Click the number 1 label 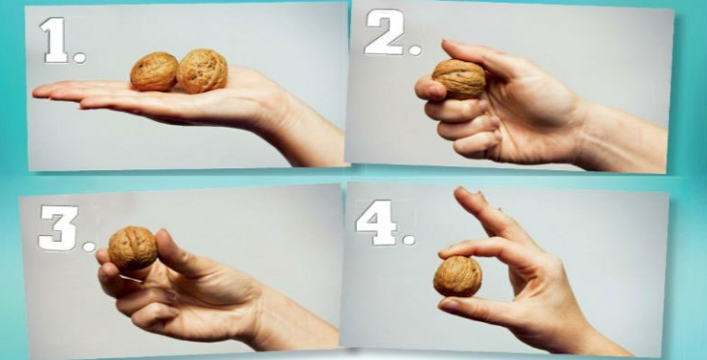55,40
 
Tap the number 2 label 384,32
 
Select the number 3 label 58,227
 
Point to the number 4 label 376,223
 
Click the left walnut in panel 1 154,72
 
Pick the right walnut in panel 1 202,71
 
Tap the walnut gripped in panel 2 459,79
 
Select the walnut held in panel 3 133,248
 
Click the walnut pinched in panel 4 457,276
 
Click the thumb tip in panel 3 163,237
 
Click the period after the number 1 80,57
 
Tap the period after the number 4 409,240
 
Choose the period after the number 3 89,247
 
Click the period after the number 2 415,49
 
